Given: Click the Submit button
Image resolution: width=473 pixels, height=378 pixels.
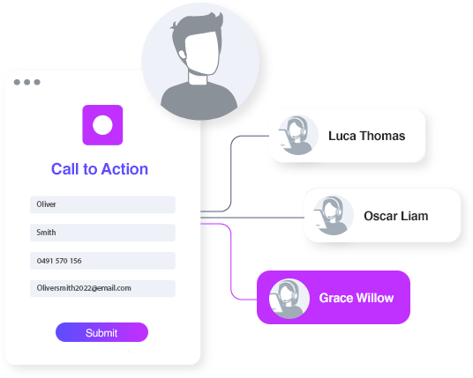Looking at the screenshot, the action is point(101,332).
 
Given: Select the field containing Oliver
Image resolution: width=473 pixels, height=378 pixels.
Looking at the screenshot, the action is point(102,204).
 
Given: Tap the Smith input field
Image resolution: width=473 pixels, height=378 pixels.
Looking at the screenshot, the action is point(102,233).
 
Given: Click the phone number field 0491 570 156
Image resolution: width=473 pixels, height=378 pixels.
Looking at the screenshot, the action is point(102,261).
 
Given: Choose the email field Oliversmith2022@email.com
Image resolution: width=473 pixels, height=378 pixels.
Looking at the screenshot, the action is point(102,288).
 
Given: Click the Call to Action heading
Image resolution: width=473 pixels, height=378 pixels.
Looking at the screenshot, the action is point(100,169).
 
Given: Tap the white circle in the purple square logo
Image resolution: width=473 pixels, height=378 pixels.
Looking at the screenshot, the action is point(102,125).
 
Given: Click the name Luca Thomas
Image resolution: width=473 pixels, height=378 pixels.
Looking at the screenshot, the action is point(366,136).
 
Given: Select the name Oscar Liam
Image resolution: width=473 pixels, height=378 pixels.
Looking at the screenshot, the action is point(395,216).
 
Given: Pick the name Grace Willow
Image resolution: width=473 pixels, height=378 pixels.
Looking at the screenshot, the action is point(357,298).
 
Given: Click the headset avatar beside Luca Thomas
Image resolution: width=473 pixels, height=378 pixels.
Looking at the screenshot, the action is point(298,135).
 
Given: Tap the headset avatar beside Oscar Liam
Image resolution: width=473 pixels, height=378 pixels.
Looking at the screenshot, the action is point(334,215).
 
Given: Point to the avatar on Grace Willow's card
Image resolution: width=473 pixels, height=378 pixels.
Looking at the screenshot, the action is point(289,299).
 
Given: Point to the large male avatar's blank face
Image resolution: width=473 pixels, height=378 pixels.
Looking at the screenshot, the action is point(201,52).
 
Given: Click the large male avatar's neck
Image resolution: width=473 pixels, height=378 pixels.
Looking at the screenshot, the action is point(198,79).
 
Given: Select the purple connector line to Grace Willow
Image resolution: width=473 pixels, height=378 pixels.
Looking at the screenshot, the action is point(231,262).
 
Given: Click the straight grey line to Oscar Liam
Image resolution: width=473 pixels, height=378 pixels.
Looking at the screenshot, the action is point(252,217).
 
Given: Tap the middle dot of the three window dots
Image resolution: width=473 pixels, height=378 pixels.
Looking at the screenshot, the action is point(27,82).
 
